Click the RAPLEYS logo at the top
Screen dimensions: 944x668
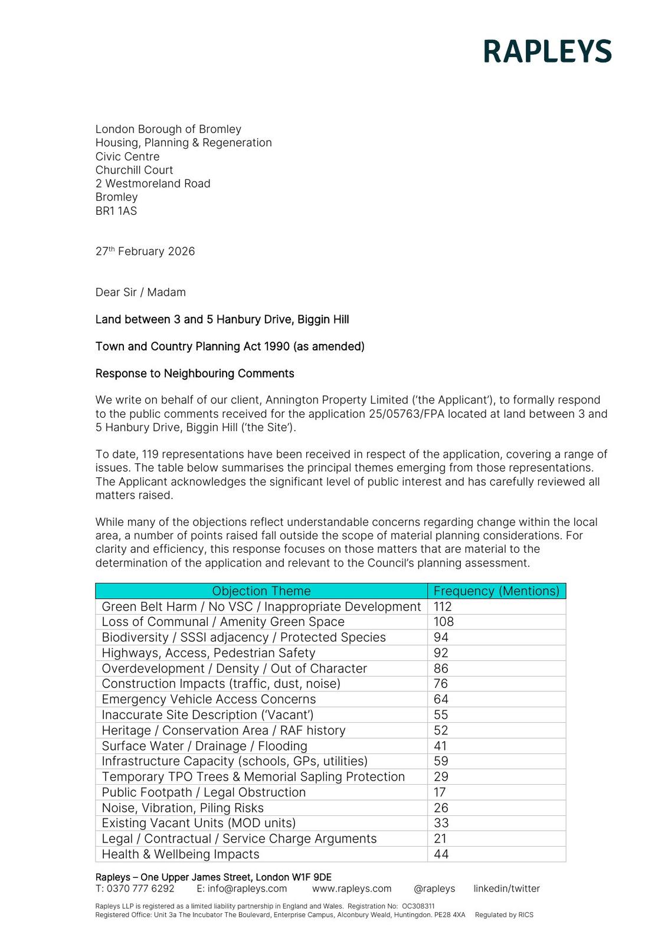(547, 51)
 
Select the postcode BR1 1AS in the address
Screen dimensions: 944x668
(116, 211)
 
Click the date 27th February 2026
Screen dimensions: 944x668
(145, 251)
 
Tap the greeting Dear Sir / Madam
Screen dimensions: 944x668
(140, 292)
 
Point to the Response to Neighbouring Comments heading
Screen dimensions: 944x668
(195, 373)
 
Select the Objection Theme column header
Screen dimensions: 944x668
(261, 591)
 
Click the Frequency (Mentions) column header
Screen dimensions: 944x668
(496, 591)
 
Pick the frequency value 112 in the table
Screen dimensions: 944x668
(443, 607)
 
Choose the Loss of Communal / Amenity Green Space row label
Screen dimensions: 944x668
(223, 622)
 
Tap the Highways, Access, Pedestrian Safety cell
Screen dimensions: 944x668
(208, 653)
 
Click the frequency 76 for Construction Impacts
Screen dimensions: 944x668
(441, 684)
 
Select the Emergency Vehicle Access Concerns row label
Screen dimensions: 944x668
(209, 699)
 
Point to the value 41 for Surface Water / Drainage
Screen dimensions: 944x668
(441, 746)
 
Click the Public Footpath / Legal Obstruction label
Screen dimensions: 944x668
(204, 792)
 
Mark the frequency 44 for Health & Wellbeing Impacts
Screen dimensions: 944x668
(441, 854)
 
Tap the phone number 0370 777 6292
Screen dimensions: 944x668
(140, 889)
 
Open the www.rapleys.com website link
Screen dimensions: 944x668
(352, 889)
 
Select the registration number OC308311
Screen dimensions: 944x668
(418, 906)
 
